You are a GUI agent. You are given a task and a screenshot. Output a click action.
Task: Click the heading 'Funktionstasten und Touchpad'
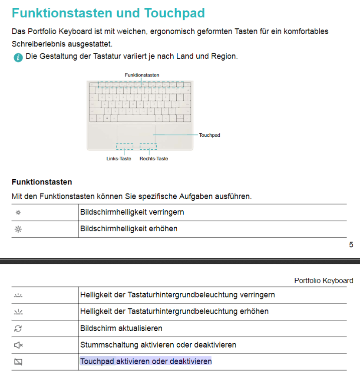[x=108, y=13]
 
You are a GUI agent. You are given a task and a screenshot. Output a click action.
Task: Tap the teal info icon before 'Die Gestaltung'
[x=18, y=57]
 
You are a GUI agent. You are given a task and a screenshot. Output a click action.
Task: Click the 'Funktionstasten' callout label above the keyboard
[x=142, y=75]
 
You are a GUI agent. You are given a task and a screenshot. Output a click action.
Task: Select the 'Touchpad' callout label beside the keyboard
[x=209, y=135]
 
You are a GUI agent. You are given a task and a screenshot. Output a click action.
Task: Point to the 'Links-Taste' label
[x=119, y=159]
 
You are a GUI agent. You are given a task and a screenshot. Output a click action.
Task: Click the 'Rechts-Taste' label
[x=154, y=159]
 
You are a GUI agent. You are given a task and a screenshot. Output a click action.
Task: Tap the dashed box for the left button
[x=125, y=146]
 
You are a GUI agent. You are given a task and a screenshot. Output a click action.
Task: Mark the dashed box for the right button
[x=148, y=146]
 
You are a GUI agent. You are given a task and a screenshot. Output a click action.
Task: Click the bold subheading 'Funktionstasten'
[x=42, y=182]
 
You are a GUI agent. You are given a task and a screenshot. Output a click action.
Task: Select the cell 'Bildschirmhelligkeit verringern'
[x=132, y=212]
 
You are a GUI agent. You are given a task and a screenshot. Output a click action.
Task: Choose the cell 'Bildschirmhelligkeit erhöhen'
[x=129, y=228]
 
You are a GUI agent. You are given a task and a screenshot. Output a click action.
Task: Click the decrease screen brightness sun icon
[x=18, y=213]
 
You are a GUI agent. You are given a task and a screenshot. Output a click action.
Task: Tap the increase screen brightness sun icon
[x=18, y=229]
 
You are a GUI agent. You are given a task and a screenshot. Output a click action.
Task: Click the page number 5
[x=351, y=245]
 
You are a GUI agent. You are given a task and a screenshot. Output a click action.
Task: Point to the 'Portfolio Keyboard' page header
[x=324, y=280]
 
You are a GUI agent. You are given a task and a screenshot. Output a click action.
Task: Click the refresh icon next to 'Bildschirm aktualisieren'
[x=18, y=329]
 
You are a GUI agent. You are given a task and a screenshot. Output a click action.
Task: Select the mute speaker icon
[x=18, y=345]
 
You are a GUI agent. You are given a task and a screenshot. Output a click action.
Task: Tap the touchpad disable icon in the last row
[x=18, y=362]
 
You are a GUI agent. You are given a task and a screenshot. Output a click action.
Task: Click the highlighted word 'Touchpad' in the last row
[x=98, y=361]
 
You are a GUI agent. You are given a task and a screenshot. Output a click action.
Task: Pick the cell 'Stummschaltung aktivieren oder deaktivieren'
[x=158, y=345]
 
